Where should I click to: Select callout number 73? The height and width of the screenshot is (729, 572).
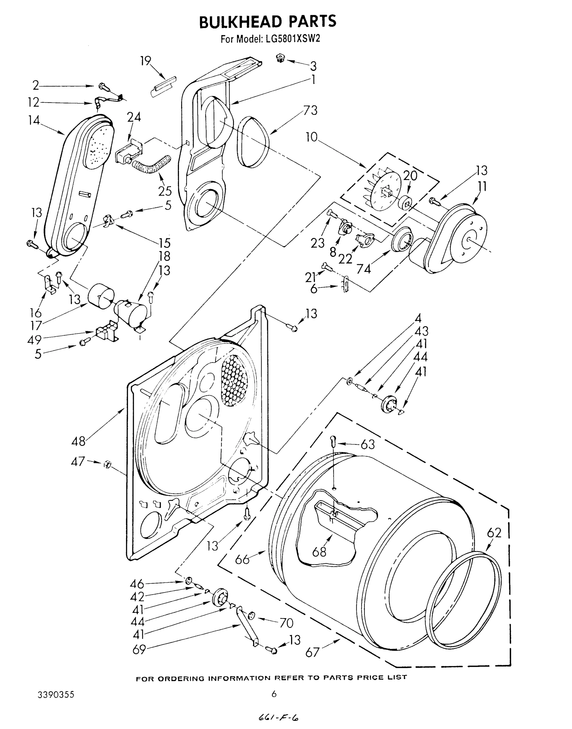click(x=310, y=110)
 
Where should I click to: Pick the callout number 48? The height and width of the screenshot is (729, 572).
click(x=78, y=441)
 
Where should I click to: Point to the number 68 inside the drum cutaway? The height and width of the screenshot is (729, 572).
click(x=319, y=551)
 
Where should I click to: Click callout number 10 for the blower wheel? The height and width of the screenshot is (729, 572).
click(x=311, y=137)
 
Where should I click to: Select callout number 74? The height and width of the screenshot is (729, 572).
click(x=364, y=269)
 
